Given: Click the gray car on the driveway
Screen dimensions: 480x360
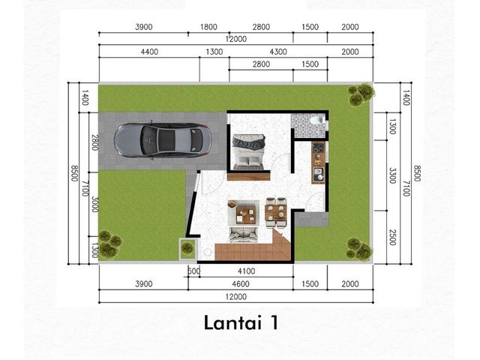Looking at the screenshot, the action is pos(162,140).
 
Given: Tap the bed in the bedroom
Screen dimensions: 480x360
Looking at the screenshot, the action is pos(248,151).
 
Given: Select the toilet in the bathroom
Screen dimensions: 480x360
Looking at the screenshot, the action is pos(316,120).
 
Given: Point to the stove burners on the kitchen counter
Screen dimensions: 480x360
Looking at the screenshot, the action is pos(319,148).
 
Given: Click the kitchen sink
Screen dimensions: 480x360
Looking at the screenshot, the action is pos(319,174).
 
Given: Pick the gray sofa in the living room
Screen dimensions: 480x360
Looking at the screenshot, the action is pos(243,234).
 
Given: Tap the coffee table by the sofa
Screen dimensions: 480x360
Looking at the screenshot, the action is pos(246,215).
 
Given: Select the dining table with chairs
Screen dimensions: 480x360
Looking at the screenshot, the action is pos(276,212).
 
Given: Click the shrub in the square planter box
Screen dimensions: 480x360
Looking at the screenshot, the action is pos(187,247).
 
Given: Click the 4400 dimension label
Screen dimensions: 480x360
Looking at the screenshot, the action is pos(149,52).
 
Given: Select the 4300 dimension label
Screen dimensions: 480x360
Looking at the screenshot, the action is pos(278,52).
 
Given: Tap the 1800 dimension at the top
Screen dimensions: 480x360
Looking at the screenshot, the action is pos(208,27).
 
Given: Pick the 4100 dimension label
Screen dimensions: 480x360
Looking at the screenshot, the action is pos(247,271).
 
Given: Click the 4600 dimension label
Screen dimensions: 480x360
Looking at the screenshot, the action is pos(241,283).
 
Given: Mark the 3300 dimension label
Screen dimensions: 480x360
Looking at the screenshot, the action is pos(392,175).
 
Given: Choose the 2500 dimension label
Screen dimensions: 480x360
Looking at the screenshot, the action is pos(392,237).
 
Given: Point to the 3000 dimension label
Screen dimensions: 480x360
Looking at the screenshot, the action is pos(95,204).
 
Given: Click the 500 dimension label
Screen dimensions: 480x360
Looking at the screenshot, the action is pos(193,271).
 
